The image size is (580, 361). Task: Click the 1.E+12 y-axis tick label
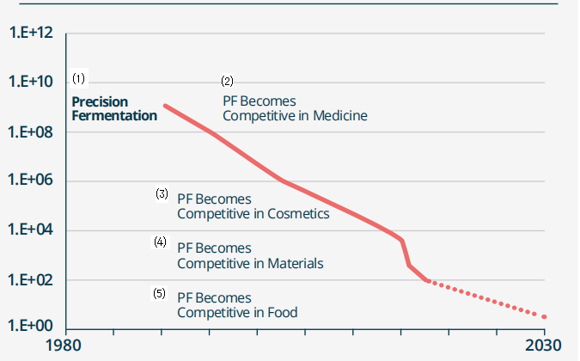(x=31, y=33)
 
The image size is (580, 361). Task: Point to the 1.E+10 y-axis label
(x=31, y=82)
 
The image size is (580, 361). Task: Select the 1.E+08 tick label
(x=31, y=132)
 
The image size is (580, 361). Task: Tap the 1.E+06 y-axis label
(x=31, y=180)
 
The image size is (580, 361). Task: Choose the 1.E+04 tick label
(x=31, y=229)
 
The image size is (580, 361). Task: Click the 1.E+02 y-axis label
(x=31, y=279)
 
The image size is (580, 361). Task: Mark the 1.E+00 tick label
(x=31, y=326)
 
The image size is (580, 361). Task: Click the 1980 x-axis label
(x=64, y=346)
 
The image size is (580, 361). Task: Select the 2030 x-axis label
(x=543, y=346)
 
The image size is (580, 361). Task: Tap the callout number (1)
(x=78, y=78)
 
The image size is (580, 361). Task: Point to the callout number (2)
(x=227, y=81)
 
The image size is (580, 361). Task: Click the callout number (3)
(x=162, y=193)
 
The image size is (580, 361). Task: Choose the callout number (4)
(x=160, y=242)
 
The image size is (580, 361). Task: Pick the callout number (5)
(x=160, y=293)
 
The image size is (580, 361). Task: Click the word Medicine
(x=340, y=116)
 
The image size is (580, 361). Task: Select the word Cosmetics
(x=298, y=214)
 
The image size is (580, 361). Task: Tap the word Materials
(x=296, y=264)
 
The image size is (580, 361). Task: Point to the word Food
(x=283, y=313)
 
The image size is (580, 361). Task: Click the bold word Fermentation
(x=114, y=116)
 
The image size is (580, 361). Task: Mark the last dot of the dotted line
(x=544, y=316)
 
